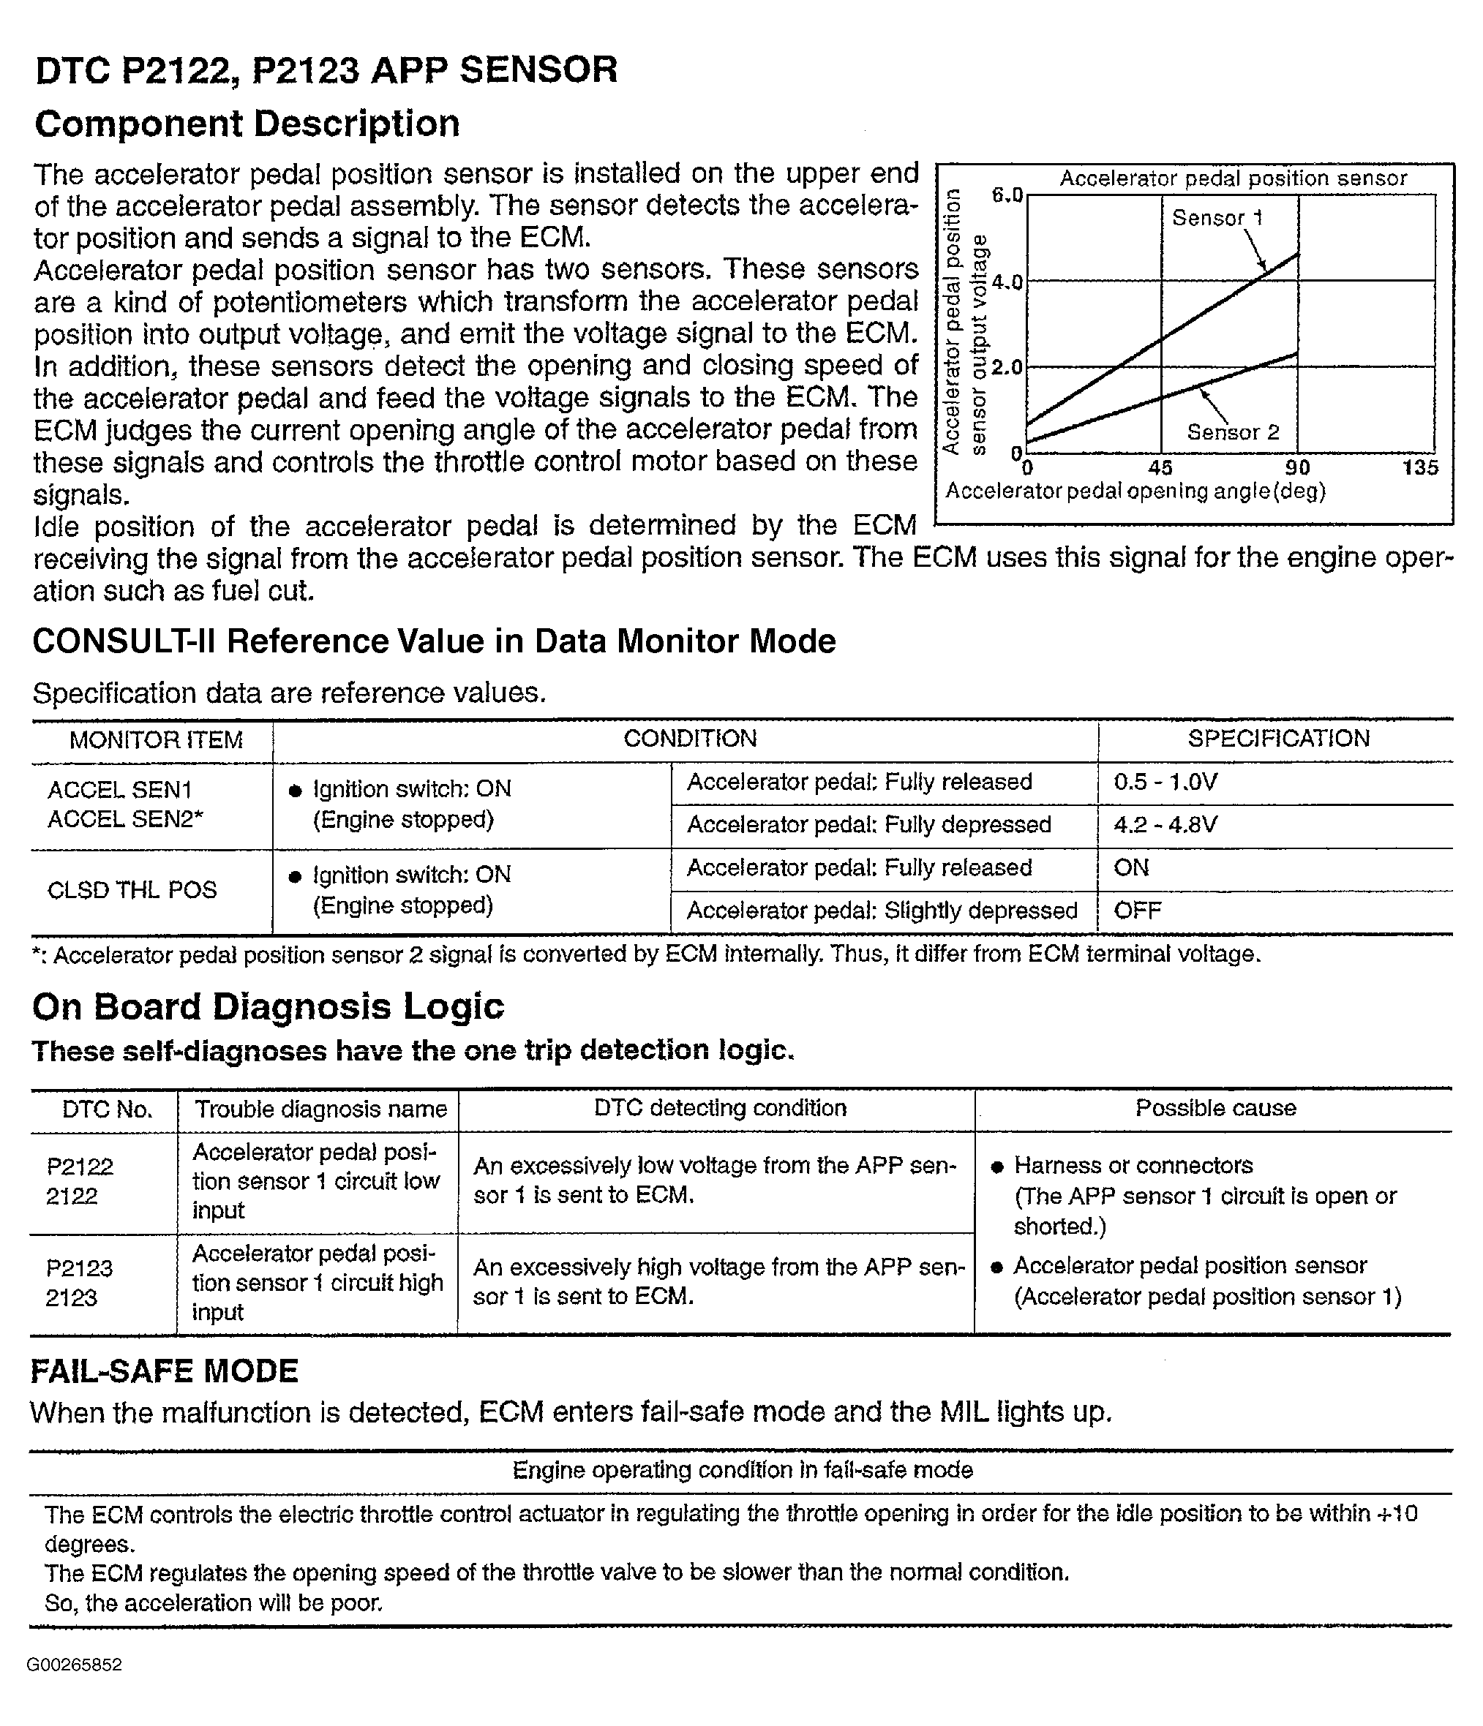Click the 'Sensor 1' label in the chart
pyautogui.click(x=1217, y=218)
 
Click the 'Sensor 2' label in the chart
pyautogui.click(x=1232, y=432)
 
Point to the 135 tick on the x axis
pyautogui.click(x=1419, y=467)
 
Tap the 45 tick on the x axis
pyautogui.click(x=1160, y=467)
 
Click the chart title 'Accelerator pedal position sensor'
pyautogui.click(x=1232, y=178)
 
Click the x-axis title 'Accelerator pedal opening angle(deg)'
pyautogui.click(x=1135, y=491)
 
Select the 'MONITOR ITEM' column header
pyautogui.click(x=156, y=739)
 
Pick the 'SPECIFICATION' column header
pyautogui.click(x=1278, y=738)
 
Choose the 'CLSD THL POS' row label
pyautogui.click(x=132, y=891)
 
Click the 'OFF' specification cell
pyautogui.click(x=1137, y=911)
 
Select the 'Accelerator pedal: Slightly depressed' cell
pyautogui.click(x=882, y=911)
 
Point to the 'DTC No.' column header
pyautogui.click(x=107, y=1109)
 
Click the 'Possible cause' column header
pyautogui.click(x=1214, y=1108)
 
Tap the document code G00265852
pyautogui.click(x=74, y=1665)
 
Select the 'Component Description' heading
pyautogui.click(x=247, y=124)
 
